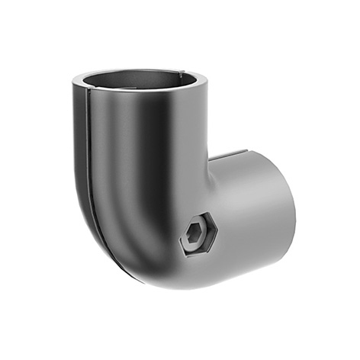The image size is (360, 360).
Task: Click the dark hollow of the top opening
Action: point(142,83)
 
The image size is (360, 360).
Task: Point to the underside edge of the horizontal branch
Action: point(252,263)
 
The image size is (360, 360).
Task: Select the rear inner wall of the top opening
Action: point(145,76)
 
